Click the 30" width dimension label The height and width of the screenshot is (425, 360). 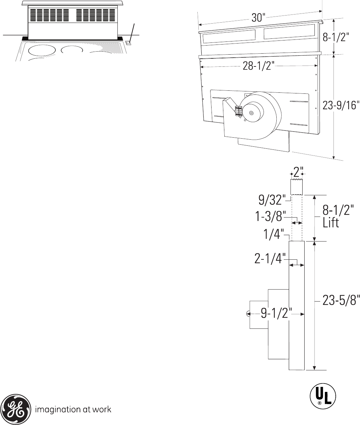pyautogui.click(x=258, y=18)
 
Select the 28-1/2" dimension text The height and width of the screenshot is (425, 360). pyautogui.click(x=258, y=66)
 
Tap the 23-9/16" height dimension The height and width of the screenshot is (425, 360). pyautogui.click(x=340, y=106)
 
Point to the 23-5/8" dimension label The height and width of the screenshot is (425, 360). pyautogui.click(x=341, y=301)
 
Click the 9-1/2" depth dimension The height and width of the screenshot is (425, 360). pyautogui.click(x=276, y=314)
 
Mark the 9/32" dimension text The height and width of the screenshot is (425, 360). pyautogui.click(x=272, y=200)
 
